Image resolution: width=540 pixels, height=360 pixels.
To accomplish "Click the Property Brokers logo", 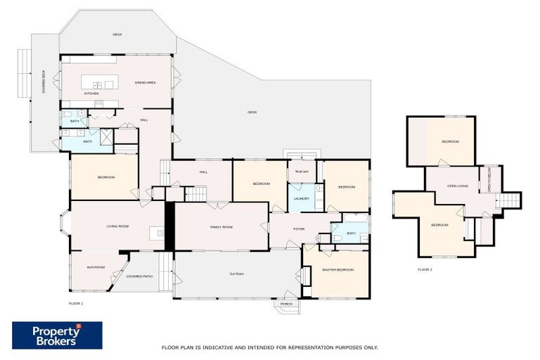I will pos(57,335).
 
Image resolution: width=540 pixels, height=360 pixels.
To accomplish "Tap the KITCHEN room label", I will pos(91,94).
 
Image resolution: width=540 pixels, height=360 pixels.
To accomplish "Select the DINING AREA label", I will pos(146,82).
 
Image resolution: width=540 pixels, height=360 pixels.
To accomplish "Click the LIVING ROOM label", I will pos(116,226).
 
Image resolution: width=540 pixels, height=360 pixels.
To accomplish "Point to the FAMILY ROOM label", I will pos(221,227).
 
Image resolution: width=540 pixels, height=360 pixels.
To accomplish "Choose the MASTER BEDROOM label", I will pos(337,271).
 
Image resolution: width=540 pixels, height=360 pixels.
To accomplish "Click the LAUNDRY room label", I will pos(302,198).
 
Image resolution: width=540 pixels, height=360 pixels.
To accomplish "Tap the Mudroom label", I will pos(302,172).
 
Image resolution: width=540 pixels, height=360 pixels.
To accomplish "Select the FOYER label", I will pos(299,229).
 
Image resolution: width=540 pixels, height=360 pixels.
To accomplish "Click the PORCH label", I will pos(286,304).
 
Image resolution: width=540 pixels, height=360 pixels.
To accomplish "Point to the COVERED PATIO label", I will pos(139,276).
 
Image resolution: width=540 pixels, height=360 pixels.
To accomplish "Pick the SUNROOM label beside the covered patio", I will pos(96,267).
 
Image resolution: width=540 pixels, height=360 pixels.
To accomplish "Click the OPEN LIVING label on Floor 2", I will pos(458,186).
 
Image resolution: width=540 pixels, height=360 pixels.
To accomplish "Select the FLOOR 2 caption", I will pos(425,269).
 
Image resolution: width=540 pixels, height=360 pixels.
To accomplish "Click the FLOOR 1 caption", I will pos(76,303).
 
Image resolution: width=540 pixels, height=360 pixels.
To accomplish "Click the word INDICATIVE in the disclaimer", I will pos(217,347).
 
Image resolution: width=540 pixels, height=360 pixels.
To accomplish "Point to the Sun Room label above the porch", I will pos(236,273).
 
